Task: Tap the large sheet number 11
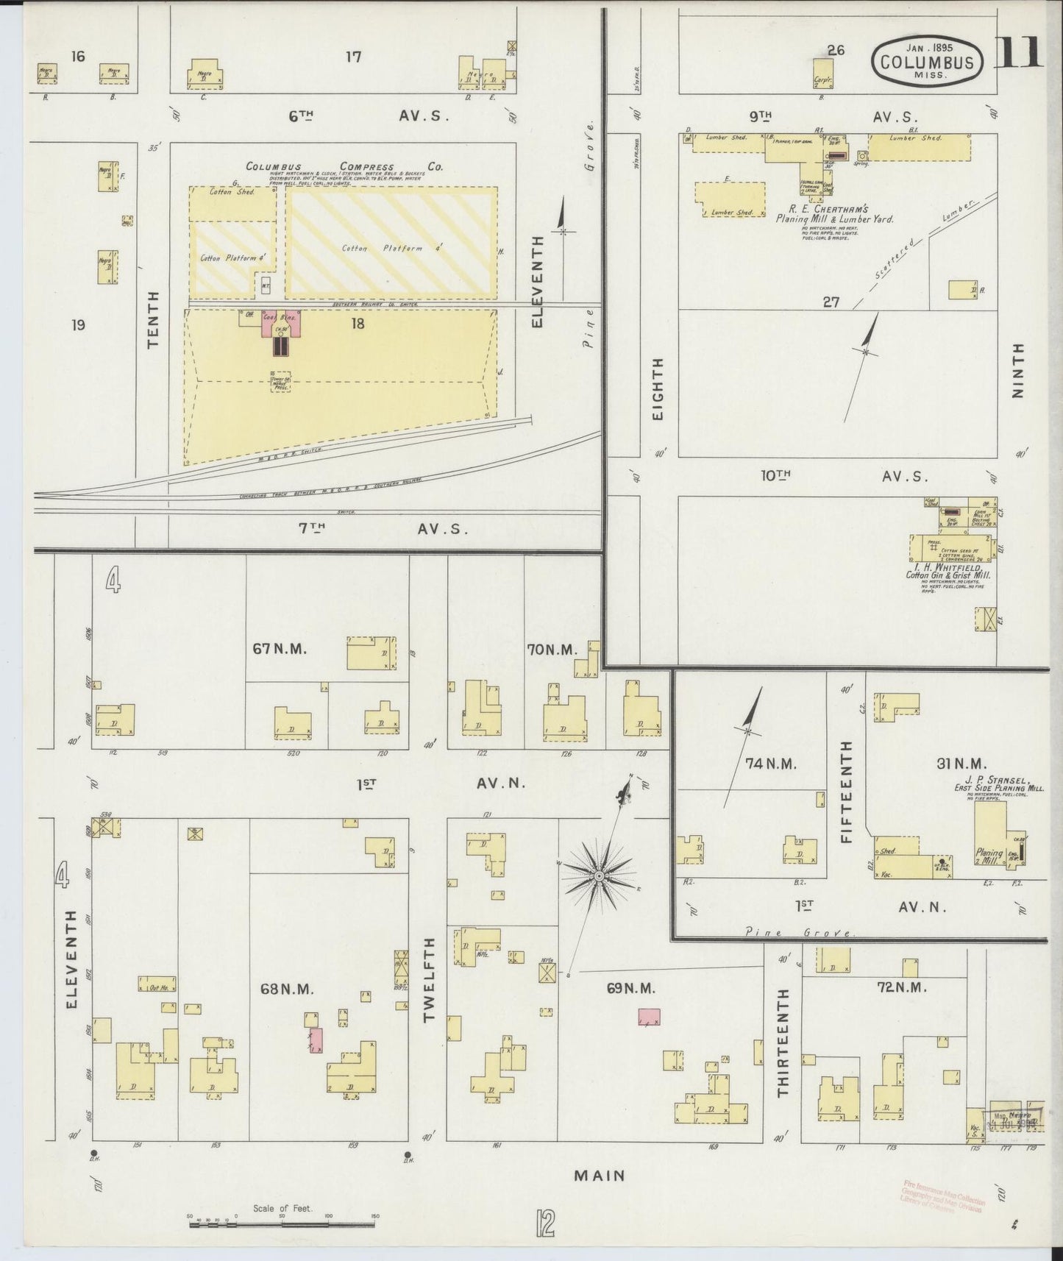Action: (1020, 51)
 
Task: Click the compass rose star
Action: (600, 875)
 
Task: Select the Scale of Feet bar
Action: (282, 1225)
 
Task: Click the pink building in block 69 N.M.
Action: (649, 1017)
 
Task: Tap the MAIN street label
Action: (600, 1176)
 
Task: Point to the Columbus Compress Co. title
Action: (344, 167)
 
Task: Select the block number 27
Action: (831, 302)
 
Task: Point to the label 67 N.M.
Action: (278, 649)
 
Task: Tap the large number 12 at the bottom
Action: (544, 1224)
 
